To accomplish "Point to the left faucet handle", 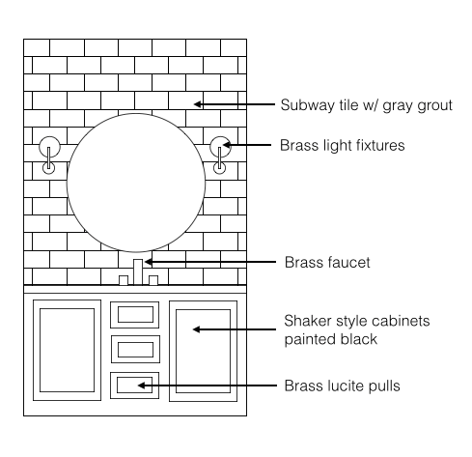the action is click(124, 280).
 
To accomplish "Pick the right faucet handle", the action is click(153, 280).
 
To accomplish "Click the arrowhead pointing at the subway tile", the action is click(198, 104).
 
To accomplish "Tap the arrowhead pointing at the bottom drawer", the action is click(142, 386).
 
